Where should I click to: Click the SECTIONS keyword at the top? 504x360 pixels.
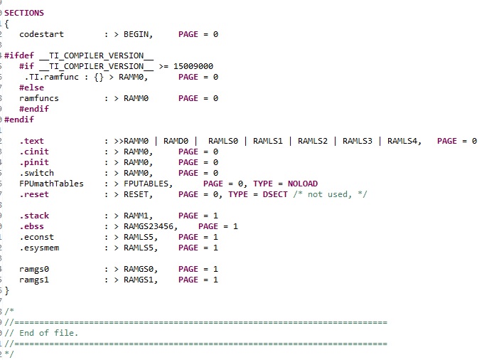pyautogui.click(x=24, y=13)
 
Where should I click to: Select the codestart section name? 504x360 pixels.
pyautogui.click(x=41, y=34)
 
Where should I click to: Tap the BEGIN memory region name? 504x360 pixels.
pyautogui.click(x=136, y=34)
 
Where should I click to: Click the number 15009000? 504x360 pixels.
pyautogui.click(x=193, y=66)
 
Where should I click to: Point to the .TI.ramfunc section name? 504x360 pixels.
pyautogui.click(x=51, y=77)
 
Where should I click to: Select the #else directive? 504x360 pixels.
pyautogui.click(x=31, y=88)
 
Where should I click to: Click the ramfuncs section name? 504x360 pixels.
pyautogui.click(x=39, y=98)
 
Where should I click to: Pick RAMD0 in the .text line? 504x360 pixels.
pyautogui.click(x=176, y=141)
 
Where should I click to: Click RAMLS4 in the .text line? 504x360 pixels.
pyautogui.click(x=402, y=141)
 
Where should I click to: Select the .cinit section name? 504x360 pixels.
pyautogui.click(x=34, y=152)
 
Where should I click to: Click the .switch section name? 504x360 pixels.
pyautogui.click(x=37, y=173)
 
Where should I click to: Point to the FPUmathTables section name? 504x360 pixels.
pyautogui.click(x=51, y=184)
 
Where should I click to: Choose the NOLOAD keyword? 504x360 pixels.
pyautogui.click(x=302, y=184)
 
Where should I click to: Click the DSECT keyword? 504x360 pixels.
pyautogui.click(x=275, y=194)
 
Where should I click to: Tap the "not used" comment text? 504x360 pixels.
pyautogui.click(x=328, y=194)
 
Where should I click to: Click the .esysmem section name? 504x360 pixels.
pyautogui.click(x=39, y=248)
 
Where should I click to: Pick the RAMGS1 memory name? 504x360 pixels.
pyautogui.click(x=139, y=280)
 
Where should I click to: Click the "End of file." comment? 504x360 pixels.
pyautogui.click(x=48, y=333)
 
